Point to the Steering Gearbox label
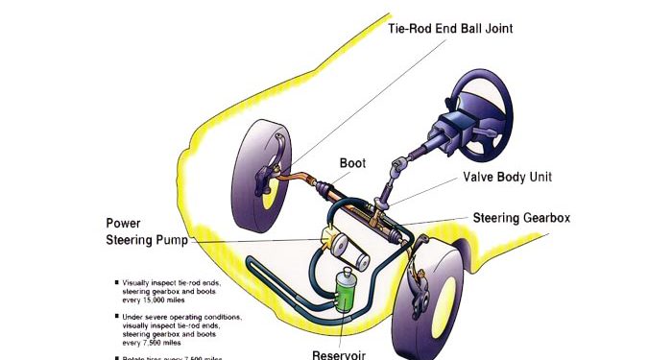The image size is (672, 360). pyautogui.click(x=521, y=219)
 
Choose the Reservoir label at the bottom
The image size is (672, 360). pyautogui.click(x=339, y=353)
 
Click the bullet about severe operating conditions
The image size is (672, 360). pyautogui.click(x=182, y=328)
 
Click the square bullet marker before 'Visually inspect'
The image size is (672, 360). pyautogui.click(x=117, y=282)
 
